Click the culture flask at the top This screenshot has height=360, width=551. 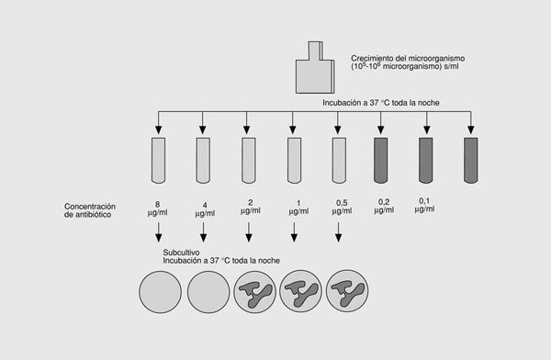pos(315,71)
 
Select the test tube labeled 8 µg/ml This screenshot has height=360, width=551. pos(158,161)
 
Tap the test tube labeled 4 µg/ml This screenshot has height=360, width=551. pos(203,161)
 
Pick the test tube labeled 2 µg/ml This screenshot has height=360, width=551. pos(249,161)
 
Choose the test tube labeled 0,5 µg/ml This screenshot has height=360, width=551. pos(339,161)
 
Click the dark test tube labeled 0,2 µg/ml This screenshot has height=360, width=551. pos(380,161)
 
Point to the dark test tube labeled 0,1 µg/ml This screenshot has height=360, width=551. pos(425,161)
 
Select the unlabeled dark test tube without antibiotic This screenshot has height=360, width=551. pos(471,161)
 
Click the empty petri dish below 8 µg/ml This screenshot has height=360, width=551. pos(160,292)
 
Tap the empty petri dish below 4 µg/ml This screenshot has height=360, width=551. pos(208,292)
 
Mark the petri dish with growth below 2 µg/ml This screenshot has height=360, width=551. pos(254,292)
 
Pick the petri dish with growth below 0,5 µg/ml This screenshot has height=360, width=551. pos(347,291)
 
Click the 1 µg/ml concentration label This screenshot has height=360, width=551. pos(298,208)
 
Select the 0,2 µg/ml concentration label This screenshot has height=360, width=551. pos(384,206)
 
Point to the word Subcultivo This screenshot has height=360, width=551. pos(181,253)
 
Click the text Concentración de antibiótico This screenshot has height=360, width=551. pos(90,210)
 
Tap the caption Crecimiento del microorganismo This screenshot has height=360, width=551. pos(408,59)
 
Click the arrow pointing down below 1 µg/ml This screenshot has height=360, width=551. pos(294,232)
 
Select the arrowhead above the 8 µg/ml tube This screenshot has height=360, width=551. pos(158,129)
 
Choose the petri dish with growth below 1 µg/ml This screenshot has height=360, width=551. pos(300,291)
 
